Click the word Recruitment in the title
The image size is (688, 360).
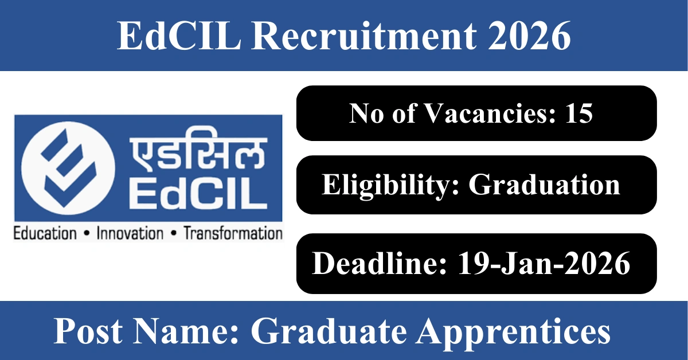click(x=364, y=36)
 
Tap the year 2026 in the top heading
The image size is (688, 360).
click(x=529, y=36)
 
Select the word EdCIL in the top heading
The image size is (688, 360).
click(x=179, y=36)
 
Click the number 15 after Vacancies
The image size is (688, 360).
click(x=579, y=114)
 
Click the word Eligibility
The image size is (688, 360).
click(x=390, y=185)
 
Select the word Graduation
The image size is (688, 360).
click(x=544, y=185)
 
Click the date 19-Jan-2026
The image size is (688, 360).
click(x=544, y=264)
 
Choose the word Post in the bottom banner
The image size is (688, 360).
click(x=88, y=331)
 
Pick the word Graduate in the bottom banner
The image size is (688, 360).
click(x=329, y=331)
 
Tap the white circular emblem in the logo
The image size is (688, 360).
click(x=68, y=168)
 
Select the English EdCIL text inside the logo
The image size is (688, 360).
click(x=198, y=194)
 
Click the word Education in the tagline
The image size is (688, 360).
click(x=45, y=233)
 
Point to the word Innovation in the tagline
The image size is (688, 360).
click(x=130, y=233)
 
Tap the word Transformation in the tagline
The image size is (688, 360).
click(x=233, y=233)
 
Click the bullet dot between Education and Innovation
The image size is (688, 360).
click(x=87, y=234)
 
